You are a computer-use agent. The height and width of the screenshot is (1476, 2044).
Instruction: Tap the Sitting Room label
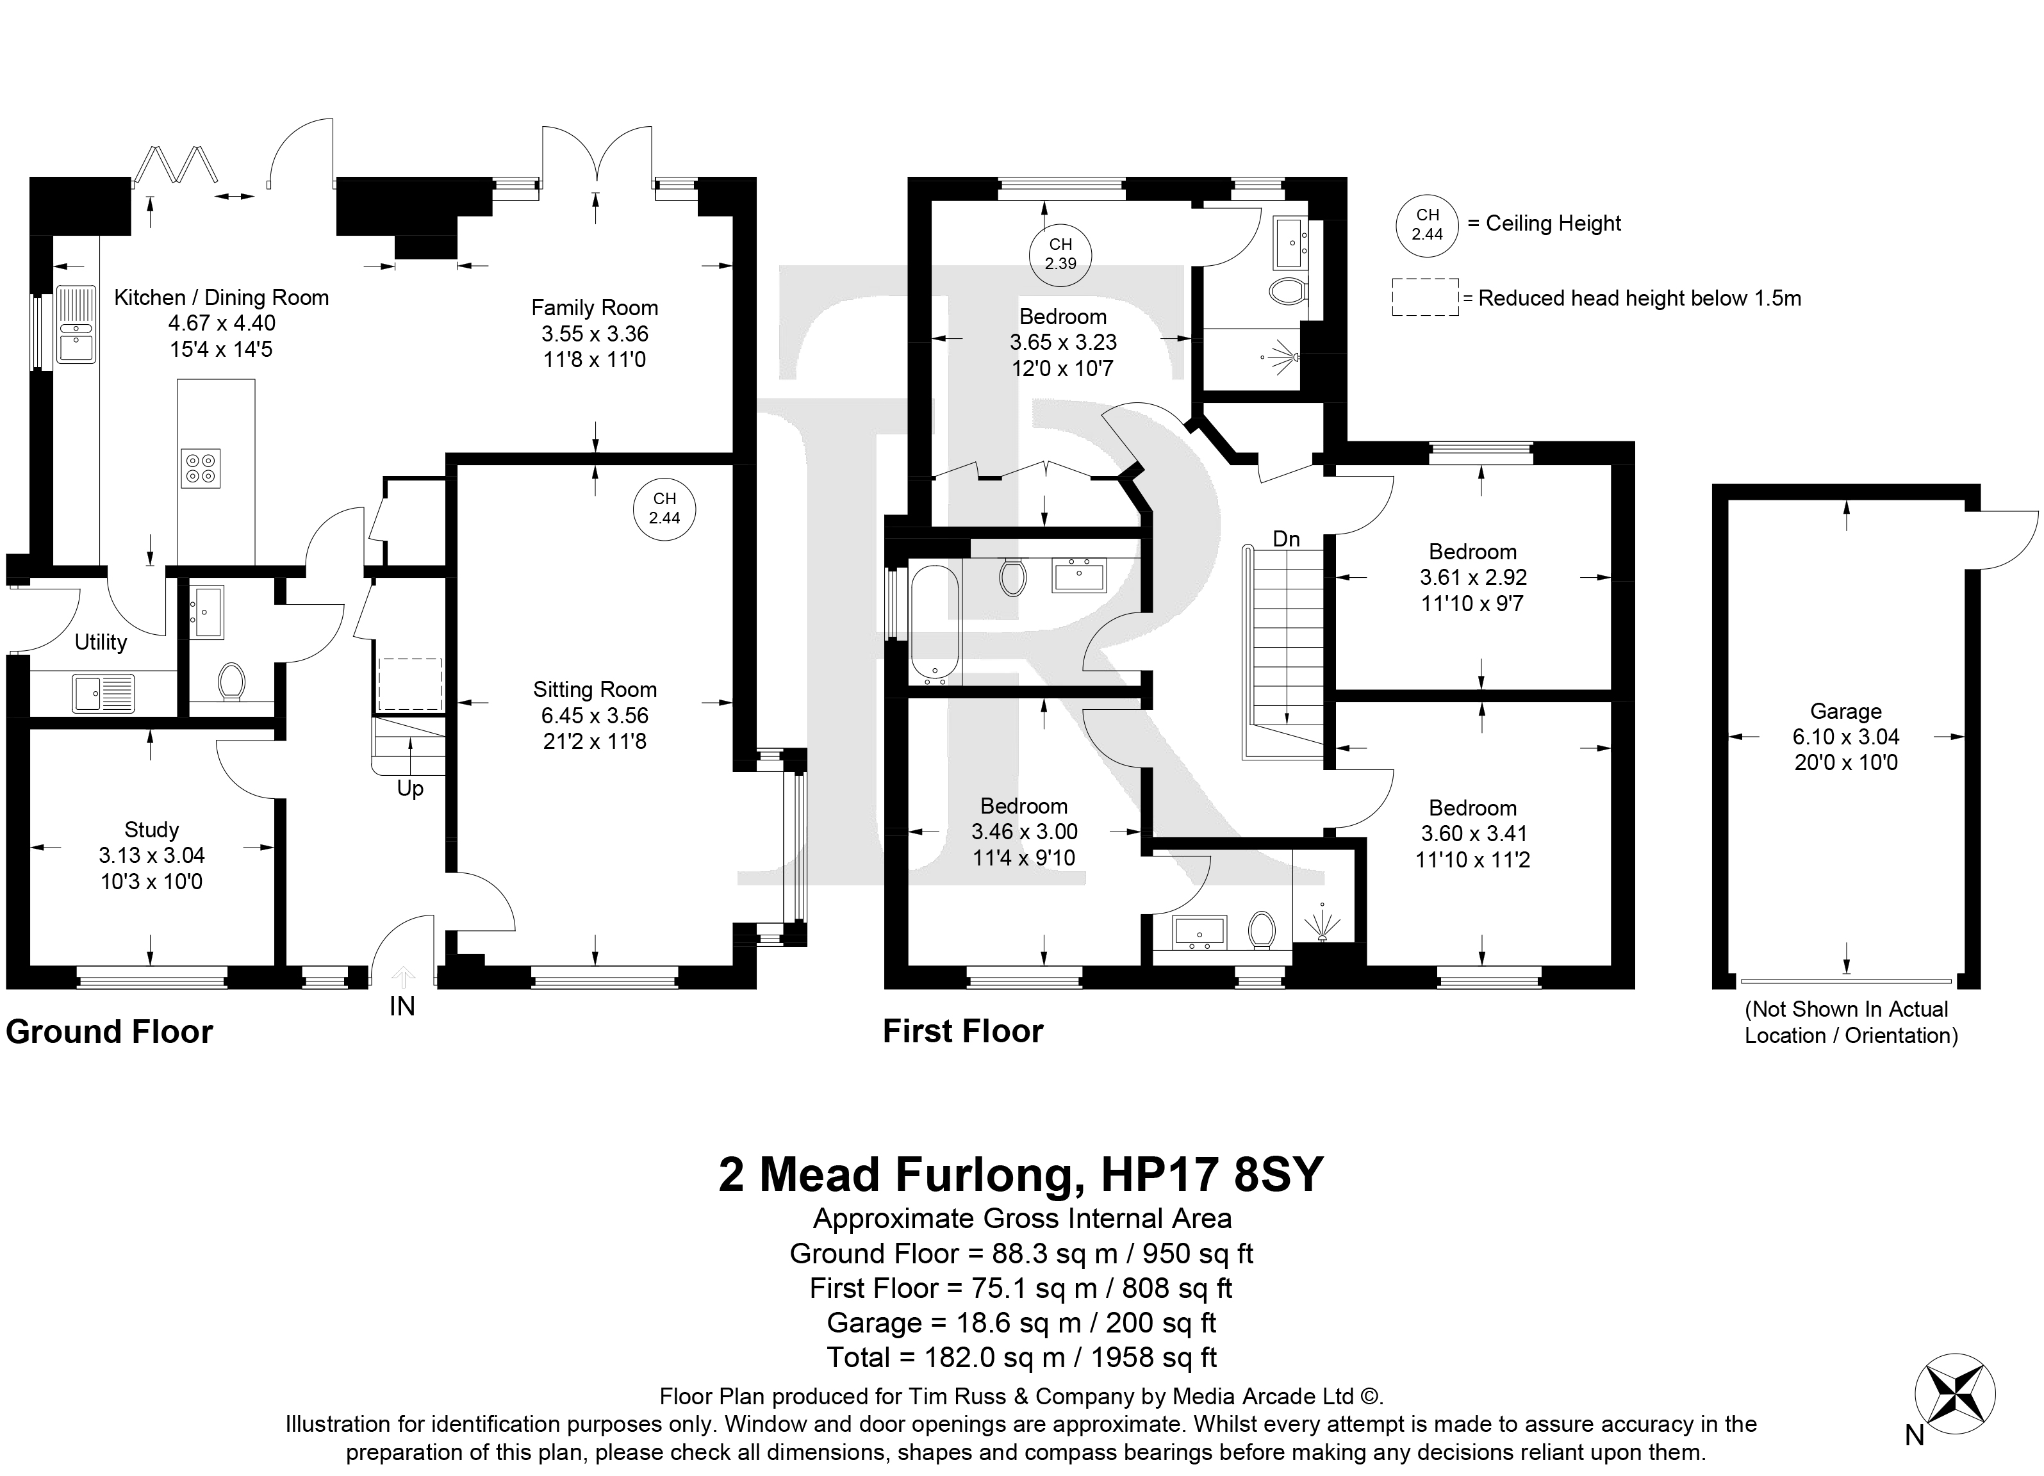(595, 690)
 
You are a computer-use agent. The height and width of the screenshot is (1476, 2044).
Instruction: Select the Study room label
(151, 830)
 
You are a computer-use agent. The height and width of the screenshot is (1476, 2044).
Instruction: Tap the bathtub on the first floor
(935, 620)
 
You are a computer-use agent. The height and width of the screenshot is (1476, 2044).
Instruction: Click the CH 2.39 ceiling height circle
(1060, 254)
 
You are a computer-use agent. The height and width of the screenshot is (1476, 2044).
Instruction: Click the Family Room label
(595, 308)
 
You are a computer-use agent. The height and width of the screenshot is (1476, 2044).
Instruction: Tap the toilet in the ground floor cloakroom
(231, 681)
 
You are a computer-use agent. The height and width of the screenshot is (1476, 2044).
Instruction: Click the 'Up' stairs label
(410, 789)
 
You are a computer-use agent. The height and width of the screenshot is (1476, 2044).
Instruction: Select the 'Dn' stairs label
(1286, 539)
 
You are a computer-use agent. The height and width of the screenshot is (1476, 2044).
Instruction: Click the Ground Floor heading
(110, 1032)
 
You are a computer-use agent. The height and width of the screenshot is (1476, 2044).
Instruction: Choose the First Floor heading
(962, 1031)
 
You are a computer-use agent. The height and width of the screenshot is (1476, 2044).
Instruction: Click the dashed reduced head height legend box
(1425, 297)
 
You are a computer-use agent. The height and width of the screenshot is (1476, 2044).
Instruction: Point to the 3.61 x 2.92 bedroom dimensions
(1472, 578)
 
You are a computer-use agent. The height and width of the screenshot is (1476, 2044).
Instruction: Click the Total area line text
(1022, 1357)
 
